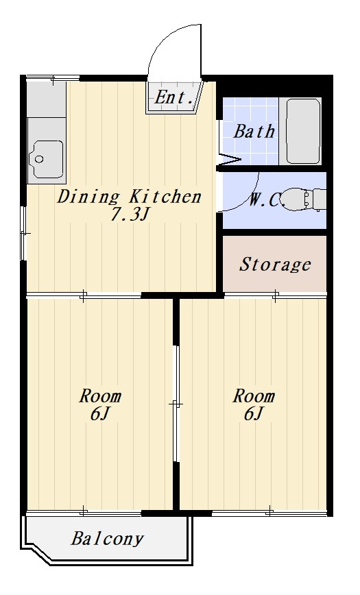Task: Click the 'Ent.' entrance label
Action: (174, 97)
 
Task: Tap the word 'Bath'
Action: (254, 132)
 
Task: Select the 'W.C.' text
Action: (267, 200)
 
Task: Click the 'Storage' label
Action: (275, 265)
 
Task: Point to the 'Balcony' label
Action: (108, 539)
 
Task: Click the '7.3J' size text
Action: (128, 215)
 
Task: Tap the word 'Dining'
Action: (88, 197)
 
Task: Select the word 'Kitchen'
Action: (165, 197)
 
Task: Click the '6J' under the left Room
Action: (99, 414)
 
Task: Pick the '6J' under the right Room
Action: (253, 413)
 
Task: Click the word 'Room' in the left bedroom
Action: (100, 396)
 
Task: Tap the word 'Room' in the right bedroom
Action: (254, 396)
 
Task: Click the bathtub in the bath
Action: (302, 132)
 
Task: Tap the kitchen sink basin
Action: (47, 159)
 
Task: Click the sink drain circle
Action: (39, 159)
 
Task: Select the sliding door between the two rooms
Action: (176, 403)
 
